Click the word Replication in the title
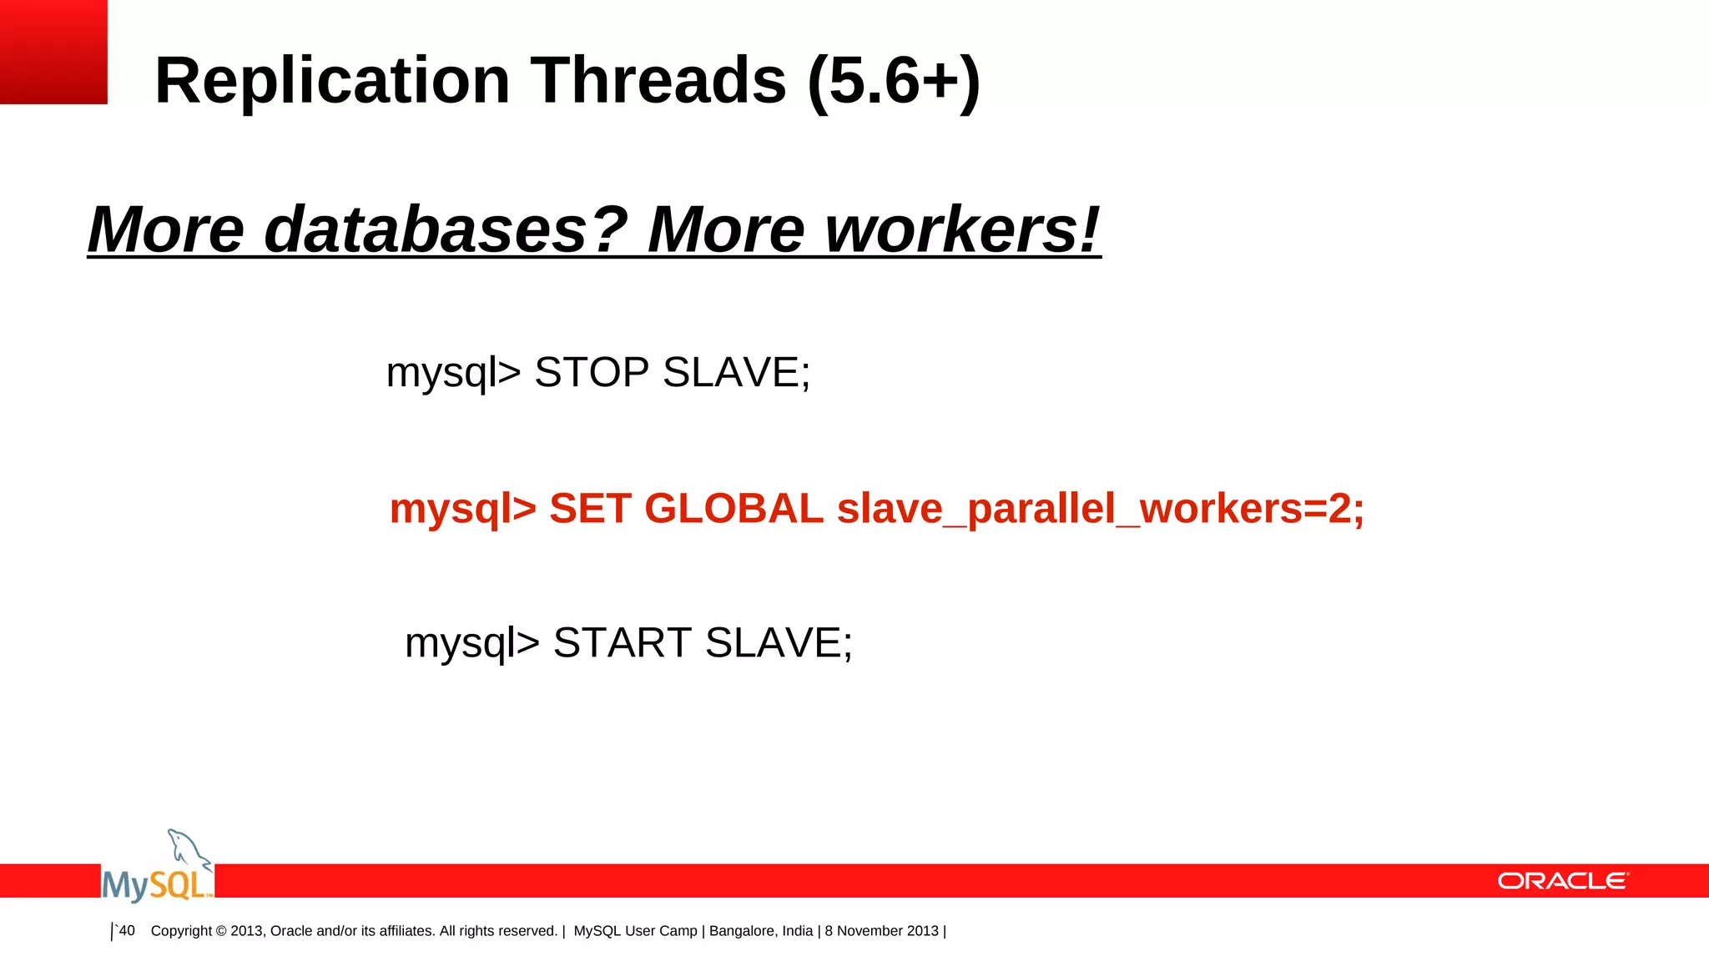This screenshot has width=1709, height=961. (x=332, y=81)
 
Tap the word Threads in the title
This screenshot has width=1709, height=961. (x=658, y=81)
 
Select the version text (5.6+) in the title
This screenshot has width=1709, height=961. (x=894, y=81)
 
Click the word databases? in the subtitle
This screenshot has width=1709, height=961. (x=445, y=229)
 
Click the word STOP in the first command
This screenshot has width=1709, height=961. (x=592, y=372)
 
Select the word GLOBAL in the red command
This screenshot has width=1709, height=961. (x=734, y=509)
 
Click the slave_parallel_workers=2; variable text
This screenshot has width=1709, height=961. (x=1100, y=509)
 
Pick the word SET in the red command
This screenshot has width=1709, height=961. (x=589, y=509)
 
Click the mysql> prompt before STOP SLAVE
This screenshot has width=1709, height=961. (x=453, y=372)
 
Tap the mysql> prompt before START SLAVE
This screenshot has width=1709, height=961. (x=472, y=642)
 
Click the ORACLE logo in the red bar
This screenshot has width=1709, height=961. (x=1563, y=881)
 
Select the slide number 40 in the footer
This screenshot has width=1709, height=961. (x=127, y=931)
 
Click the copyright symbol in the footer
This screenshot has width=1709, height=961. (x=220, y=931)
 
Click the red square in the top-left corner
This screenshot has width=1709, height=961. (x=53, y=52)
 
